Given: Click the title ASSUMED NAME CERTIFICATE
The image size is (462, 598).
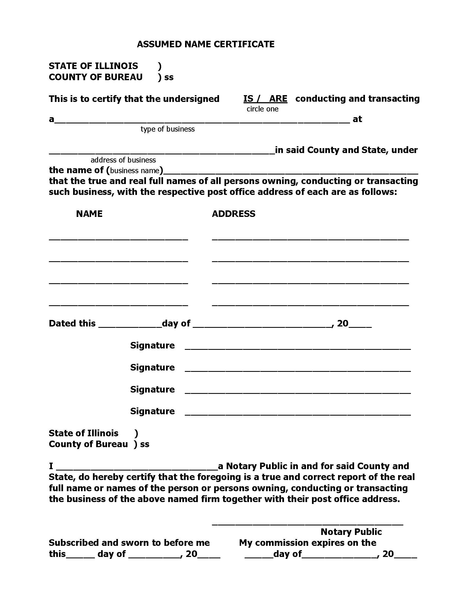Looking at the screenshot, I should [x=205, y=44].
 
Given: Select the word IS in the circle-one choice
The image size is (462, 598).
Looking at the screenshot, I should [x=248, y=99].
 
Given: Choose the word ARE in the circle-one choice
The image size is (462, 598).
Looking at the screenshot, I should [x=278, y=99].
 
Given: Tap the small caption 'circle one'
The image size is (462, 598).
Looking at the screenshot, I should [x=262, y=109].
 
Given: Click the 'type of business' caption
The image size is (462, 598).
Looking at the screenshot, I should [x=167, y=129].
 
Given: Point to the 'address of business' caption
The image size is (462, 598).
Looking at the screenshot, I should [x=123, y=160].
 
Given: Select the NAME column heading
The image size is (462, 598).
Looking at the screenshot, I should [x=89, y=214].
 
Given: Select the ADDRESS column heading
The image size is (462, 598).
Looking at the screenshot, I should [x=233, y=214].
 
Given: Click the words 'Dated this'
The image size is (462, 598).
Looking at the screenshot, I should [x=72, y=323].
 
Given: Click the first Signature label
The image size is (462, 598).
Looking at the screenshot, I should [x=152, y=345].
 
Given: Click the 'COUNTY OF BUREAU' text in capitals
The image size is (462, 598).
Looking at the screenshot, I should [x=95, y=77].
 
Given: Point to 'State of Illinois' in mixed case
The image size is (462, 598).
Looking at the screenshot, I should [x=83, y=433].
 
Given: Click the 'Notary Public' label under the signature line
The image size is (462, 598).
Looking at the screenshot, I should [x=351, y=532].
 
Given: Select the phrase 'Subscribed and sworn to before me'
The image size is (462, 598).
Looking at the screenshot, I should [x=129, y=543].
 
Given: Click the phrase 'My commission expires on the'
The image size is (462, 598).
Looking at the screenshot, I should [x=307, y=543].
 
